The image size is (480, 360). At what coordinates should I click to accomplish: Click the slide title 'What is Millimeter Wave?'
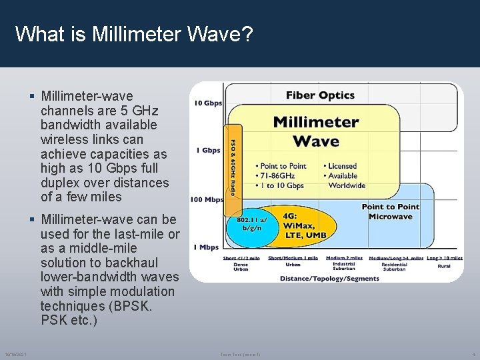click(133, 34)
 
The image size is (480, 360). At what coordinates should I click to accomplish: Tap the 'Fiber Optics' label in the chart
click(320, 95)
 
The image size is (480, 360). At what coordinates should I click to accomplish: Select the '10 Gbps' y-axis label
click(208, 103)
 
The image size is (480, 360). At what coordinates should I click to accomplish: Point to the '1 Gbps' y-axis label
click(207, 151)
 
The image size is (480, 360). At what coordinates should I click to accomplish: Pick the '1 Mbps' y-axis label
click(207, 247)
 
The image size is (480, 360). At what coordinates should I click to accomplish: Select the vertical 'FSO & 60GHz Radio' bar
click(233, 167)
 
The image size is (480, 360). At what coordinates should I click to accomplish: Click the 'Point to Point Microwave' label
click(390, 211)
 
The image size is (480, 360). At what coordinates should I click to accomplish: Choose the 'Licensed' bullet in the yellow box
click(343, 166)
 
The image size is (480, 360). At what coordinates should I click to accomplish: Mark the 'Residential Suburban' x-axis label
click(394, 267)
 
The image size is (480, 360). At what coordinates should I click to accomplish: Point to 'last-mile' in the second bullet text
click(144, 234)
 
